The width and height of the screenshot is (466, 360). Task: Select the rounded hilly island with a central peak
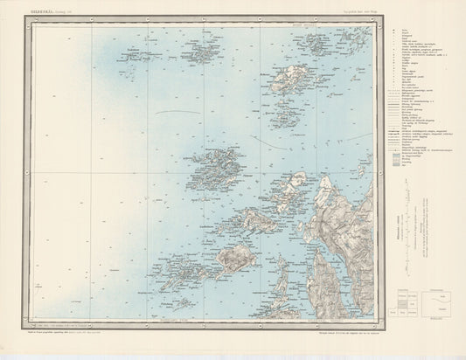coord(235,258)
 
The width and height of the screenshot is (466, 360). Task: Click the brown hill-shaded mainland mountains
coord(350,218)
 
